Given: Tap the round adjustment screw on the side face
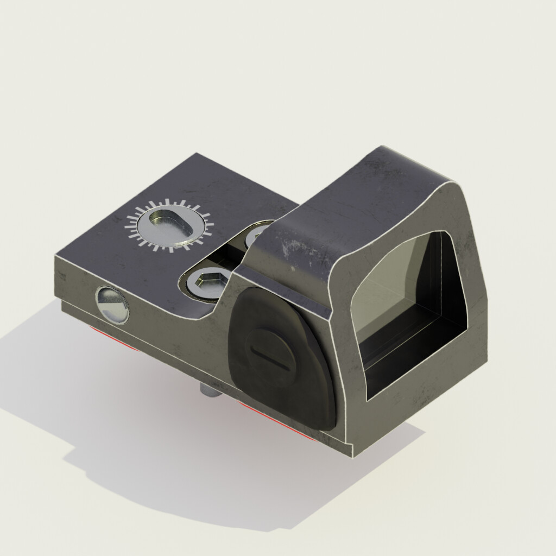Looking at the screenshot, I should [x=112, y=304].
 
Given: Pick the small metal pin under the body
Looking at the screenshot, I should [x=208, y=390].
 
